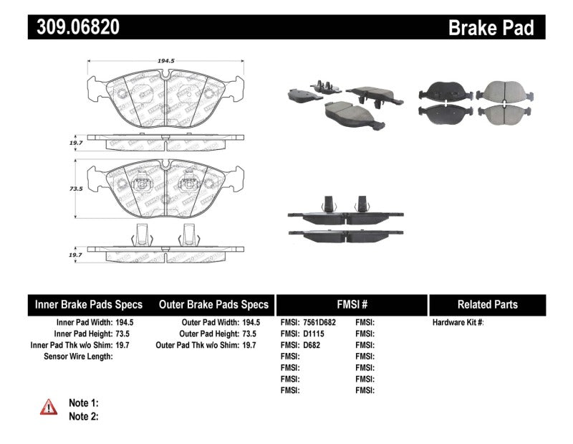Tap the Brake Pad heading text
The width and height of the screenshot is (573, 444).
491,28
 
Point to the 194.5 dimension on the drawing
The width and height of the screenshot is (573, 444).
165,62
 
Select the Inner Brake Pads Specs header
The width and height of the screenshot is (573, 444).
89,304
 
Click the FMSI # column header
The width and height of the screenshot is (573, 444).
351,304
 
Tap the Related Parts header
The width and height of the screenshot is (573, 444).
487,304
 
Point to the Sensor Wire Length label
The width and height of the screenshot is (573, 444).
78,356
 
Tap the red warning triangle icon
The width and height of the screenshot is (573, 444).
49,407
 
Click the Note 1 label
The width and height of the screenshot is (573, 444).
83,403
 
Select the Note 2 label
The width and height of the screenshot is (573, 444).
83,416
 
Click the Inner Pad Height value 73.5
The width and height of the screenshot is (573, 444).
126,334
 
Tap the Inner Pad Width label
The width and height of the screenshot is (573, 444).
82,323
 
